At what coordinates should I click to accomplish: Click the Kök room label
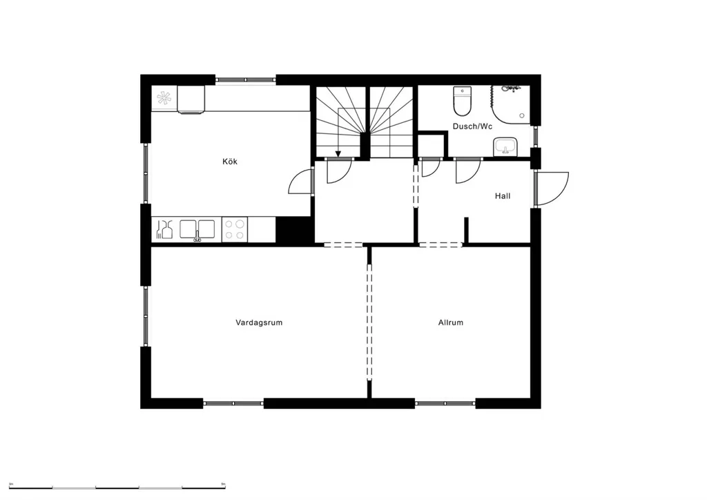coord(229,162)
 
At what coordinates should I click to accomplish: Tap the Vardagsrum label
coord(259,323)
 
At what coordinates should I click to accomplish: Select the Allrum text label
coord(450,323)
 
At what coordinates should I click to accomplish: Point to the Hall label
coord(503,195)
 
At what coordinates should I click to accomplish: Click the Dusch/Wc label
coord(472,126)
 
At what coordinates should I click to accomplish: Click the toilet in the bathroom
coord(462,101)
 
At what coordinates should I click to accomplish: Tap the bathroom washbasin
coord(505,146)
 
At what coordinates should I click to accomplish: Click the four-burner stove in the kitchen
coord(235,229)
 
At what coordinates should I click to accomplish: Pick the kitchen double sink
coord(197,229)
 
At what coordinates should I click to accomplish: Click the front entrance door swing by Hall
coord(552,189)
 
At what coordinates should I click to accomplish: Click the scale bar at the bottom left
coord(117,488)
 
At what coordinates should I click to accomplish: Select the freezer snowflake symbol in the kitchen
coord(164,98)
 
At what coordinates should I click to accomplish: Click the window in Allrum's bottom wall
coord(445,403)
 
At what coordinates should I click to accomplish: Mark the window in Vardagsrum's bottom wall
coord(233,403)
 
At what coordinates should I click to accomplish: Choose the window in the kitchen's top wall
coord(245,80)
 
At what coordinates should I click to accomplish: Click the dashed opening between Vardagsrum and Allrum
coord(369,323)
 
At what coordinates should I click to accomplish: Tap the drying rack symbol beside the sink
coord(164,229)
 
